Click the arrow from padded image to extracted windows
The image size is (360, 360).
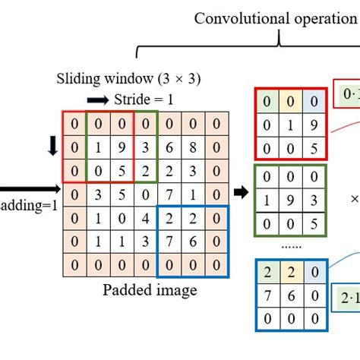pos(241,191)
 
